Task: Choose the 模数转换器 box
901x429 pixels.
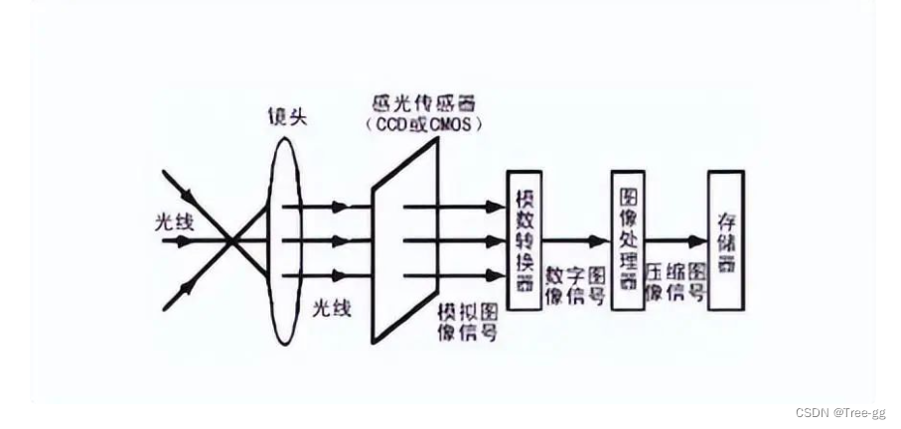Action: (524, 239)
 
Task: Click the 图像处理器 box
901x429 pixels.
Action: (628, 239)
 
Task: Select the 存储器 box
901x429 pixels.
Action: (725, 239)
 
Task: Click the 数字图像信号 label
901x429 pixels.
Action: (575, 283)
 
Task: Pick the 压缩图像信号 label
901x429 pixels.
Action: (676, 283)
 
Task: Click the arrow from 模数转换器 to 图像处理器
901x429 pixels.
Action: (576, 240)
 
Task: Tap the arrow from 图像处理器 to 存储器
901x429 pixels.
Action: (676, 240)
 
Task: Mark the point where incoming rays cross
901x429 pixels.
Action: (229, 239)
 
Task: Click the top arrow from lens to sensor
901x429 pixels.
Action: (318, 207)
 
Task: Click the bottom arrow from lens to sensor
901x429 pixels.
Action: (318, 275)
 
